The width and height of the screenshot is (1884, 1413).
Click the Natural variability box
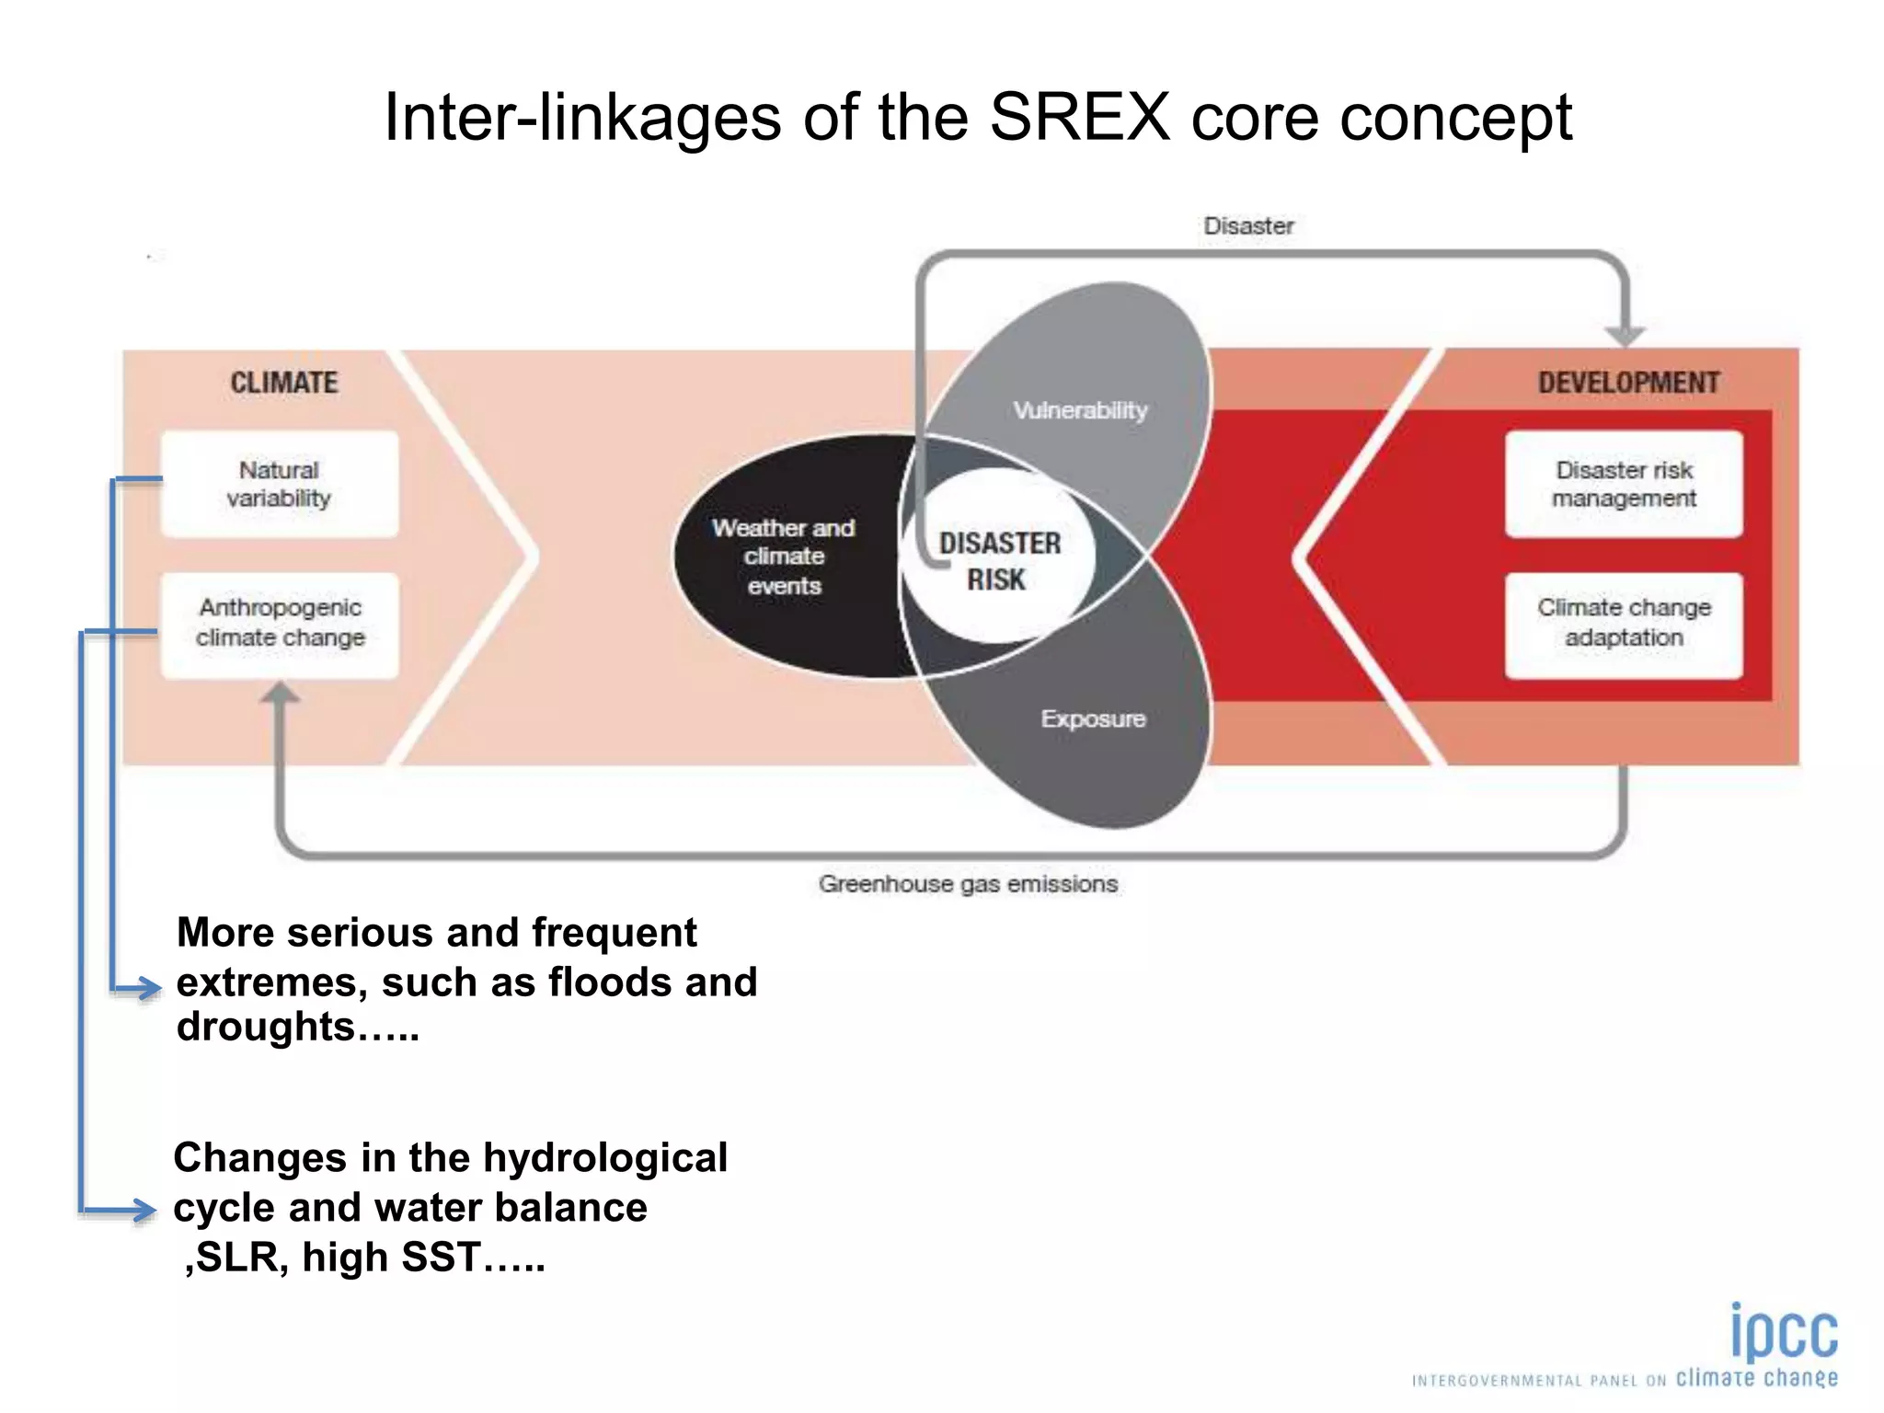[280, 484]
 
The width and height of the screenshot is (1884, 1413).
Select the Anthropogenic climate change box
[280, 624]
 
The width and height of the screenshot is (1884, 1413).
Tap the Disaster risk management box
[1624, 484]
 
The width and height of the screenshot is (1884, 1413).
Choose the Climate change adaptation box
[1624, 624]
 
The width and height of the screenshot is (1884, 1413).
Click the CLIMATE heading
[283, 383]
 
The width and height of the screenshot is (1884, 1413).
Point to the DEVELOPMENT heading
[1628, 383]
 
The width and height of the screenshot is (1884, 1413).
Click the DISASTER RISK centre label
[999, 561]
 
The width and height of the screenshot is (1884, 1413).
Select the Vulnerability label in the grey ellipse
[1080, 410]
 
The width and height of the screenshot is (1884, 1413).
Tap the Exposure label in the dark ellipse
[1093, 719]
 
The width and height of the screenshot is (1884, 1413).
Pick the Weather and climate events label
[784, 557]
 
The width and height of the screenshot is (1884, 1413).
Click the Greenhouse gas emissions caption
[968, 884]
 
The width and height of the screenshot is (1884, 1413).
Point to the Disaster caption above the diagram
[1248, 226]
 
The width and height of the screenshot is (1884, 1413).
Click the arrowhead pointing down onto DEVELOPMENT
[1625, 335]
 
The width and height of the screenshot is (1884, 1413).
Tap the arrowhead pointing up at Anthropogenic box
[280, 693]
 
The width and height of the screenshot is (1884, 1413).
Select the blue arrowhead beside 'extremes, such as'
[144, 989]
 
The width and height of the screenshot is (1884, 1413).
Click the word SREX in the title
[1079, 118]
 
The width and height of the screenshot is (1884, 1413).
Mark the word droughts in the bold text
[266, 1028]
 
